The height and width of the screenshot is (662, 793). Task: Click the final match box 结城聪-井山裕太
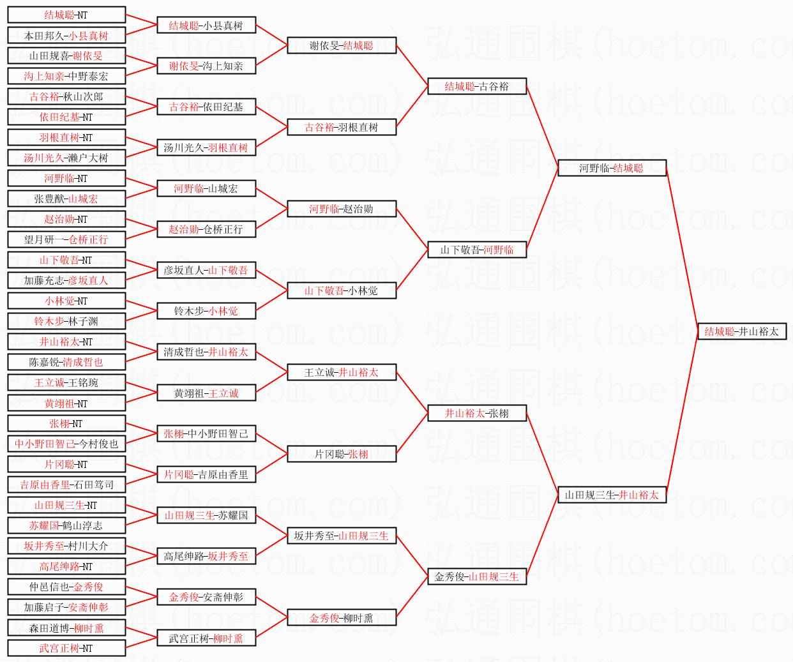click(x=741, y=331)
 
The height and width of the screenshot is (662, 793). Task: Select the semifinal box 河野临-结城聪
click(x=612, y=168)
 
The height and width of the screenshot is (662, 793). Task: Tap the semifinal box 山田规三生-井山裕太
click(x=612, y=495)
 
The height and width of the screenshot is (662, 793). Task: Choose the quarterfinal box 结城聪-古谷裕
click(x=476, y=86)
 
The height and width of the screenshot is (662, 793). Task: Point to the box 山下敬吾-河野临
click(x=476, y=250)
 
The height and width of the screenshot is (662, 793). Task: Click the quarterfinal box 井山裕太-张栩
click(x=476, y=413)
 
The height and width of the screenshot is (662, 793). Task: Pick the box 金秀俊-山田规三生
click(x=476, y=576)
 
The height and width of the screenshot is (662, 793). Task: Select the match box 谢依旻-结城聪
click(x=342, y=45)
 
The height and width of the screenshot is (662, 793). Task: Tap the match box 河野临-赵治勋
click(x=342, y=209)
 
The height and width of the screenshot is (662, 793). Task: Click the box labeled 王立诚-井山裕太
click(x=342, y=372)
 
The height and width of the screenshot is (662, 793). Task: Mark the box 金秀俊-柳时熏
click(x=342, y=617)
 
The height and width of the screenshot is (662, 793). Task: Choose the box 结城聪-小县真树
click(x=206, y=26)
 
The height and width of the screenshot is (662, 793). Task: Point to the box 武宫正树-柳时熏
click(x=206, y=638)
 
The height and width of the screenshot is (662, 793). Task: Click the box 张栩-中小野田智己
click(x=206, y=433)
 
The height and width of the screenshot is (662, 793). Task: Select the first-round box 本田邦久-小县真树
click(x=66, y=36)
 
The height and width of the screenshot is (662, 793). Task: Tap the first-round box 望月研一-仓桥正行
click(x=66, y=239)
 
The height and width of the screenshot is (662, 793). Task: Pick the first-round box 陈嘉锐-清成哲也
click(x=66, y=362)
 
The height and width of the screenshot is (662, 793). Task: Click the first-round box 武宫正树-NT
click(x=66, y=648)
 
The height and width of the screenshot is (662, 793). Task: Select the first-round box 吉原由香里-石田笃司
click(x=66, y=485)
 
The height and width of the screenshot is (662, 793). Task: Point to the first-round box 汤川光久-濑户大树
click(x=66, y=158)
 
